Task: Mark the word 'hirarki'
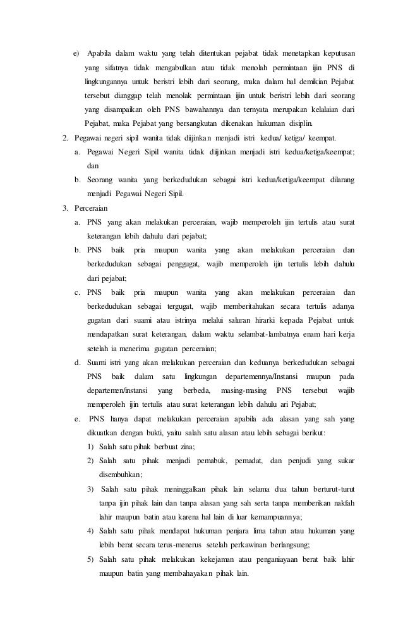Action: click(268, 320)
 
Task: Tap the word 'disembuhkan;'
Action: click(120, 474)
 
